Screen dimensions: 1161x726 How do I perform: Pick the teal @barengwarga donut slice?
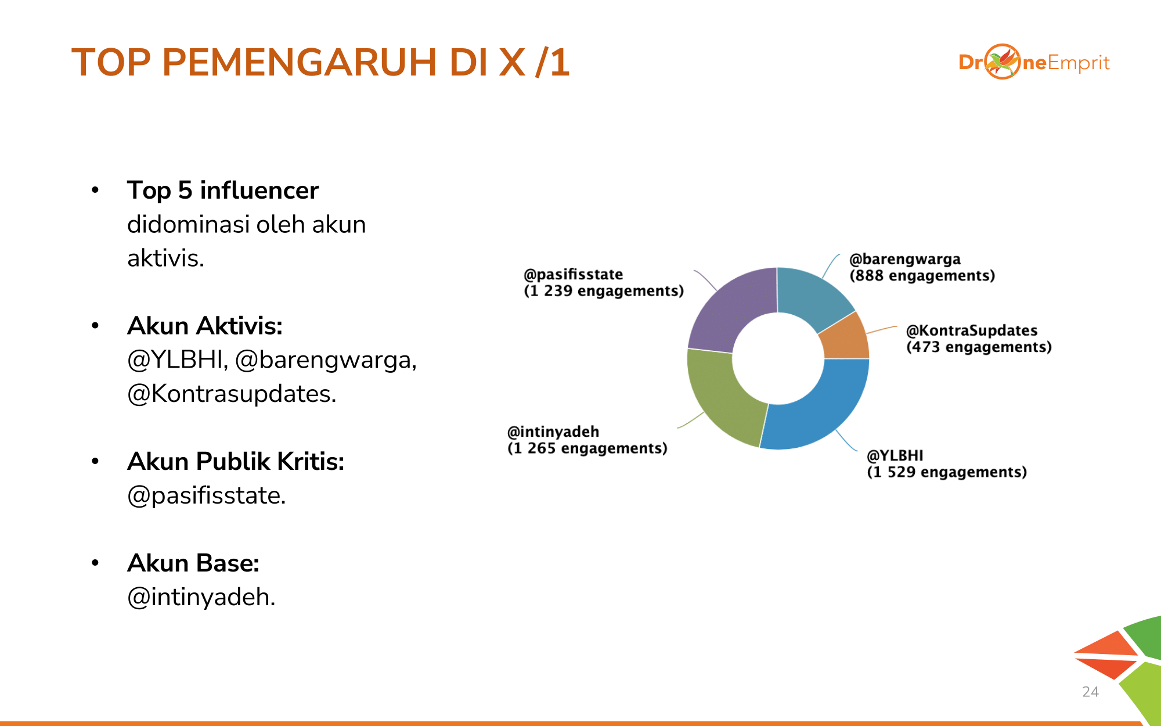pos(813,296)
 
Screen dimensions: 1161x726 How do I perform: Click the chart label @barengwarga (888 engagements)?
pos(922,267)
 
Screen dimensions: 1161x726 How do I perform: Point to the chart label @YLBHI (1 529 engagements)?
pos(947,463)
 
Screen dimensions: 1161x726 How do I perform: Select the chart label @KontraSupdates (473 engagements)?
pos(979,339)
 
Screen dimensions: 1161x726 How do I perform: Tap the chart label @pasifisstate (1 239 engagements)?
pos(604,282)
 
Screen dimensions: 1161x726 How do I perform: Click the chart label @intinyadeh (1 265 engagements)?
pos(587,440)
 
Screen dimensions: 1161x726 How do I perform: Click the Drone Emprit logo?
pos(1034,62)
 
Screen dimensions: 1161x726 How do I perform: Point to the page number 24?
pos(1090,692)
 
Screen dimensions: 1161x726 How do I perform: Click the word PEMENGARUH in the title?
pos(300,62)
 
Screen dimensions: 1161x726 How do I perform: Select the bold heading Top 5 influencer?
pos(223,191)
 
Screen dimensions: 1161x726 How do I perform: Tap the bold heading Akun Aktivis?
pos(205,326)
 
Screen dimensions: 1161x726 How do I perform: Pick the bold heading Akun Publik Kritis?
pos(236,462)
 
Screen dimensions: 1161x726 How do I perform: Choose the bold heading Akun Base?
pos(193,563)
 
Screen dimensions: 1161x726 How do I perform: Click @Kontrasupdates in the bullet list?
pos(232,394)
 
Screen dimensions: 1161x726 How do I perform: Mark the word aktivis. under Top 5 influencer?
pos(166,258)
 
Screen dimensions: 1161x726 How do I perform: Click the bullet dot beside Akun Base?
pos(95,563)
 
